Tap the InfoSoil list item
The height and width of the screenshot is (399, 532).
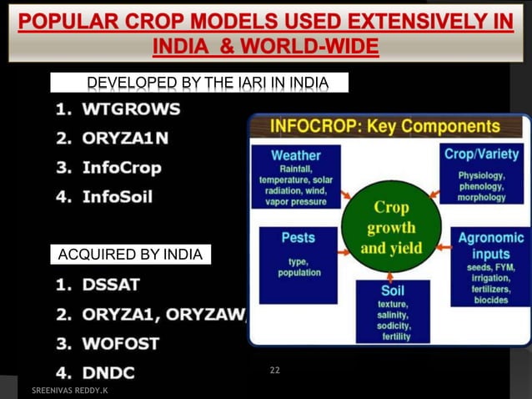pos(117,197)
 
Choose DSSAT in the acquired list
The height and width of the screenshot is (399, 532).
pos(111,285)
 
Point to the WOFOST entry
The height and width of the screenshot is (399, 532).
pos(120,343)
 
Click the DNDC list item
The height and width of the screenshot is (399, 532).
pos(108,372)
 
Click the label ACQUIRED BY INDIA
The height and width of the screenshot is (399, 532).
pos(129,254)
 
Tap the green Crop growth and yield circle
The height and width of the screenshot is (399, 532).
pos(390,226)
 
